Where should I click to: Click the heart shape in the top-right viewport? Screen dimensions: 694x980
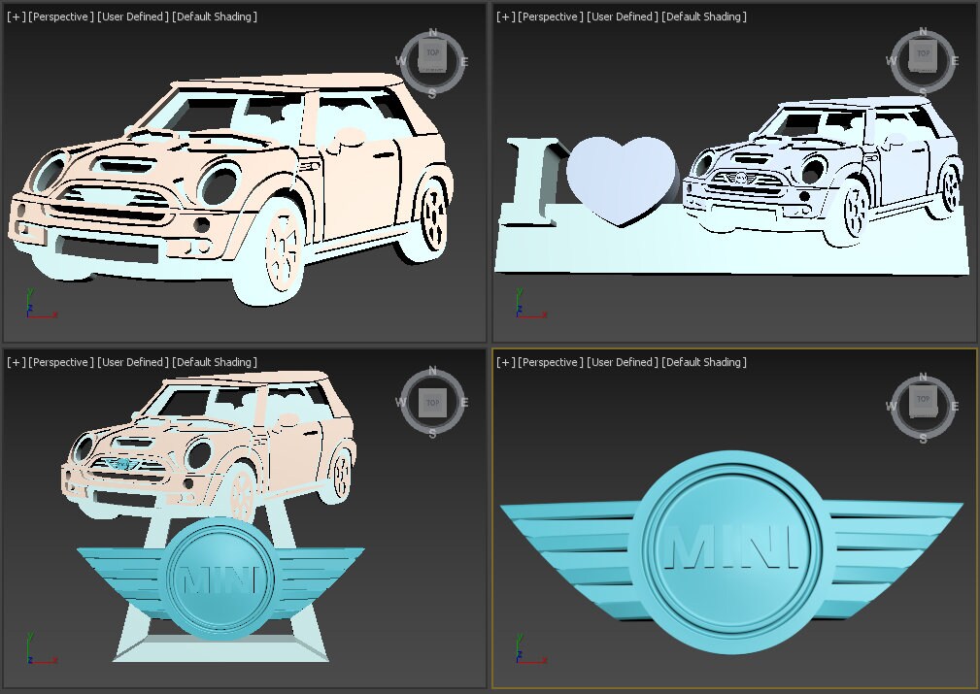(x=620, y=179)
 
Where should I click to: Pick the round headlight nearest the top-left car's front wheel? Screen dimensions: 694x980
(x=219, y=184)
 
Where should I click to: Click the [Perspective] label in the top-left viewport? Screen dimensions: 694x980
(x=61, y=17)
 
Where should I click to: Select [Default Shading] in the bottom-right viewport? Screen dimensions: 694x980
(x=704, y=362)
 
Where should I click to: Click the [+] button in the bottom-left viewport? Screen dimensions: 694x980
(x=16, y=362)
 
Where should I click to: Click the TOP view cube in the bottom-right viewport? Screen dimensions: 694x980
(x=922, y=399)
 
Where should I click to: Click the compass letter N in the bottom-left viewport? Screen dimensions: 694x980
(x=432, y=371)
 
